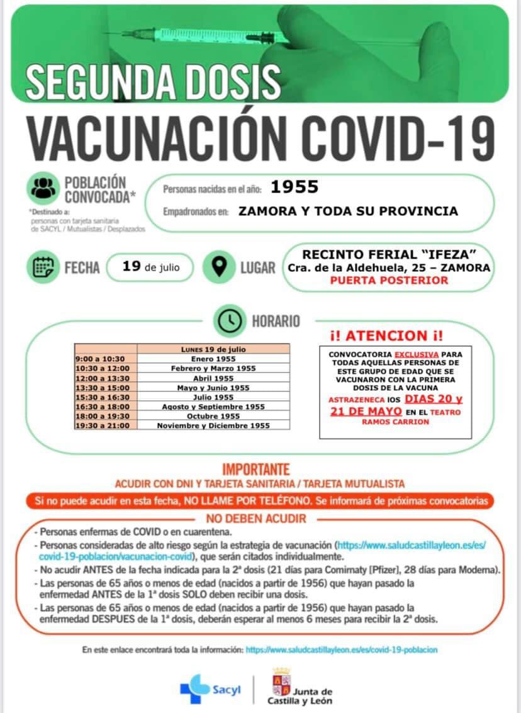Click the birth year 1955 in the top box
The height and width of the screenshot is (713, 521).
pyautogui.click(x=294, y=187)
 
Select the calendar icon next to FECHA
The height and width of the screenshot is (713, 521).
pyautogui.click(x=43, y=267)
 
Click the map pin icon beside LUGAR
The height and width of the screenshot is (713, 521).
pyautogui.click(x=220, y=267)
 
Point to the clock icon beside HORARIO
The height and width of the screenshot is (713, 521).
pyautogui.click(x=230, y=321)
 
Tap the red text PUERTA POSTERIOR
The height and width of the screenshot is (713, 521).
pyautogui.click(x=389, y=281)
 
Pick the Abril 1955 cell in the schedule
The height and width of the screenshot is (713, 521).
pyautogui.click(x=213, y=378)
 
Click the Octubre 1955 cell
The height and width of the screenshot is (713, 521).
pyautogui.click(x=213, y=416)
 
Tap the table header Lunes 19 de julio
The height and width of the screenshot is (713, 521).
pyautogui.click(x=213, y=349)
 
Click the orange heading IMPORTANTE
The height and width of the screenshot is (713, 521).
pyautogui.click(x=256, y=470)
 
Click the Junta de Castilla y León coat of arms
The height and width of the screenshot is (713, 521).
pyautogui.click(x=280, y=682)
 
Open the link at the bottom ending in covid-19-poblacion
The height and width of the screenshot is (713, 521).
pyautogui.click(x=341, y=649)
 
